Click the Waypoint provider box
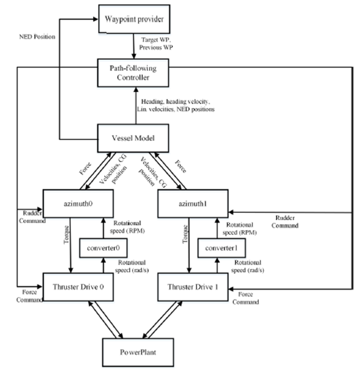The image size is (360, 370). tap(134, 19)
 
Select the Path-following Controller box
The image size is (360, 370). tap(133, 72)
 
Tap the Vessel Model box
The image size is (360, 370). tap(133, 138)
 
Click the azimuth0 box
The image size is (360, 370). tap(78, 203)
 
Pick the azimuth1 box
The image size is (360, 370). tap(193, 203)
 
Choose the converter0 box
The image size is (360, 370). tap(104, 248)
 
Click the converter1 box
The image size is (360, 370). tap(221, 248)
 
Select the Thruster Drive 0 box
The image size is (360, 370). tap(78, 287)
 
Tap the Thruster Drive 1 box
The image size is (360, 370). tap(193, 287)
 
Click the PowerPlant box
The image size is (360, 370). tap(138, 353)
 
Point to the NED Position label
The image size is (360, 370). tap(37, 37)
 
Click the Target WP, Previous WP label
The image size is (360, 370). tap(156, 44)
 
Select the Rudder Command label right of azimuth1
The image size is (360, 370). tap(285, 222)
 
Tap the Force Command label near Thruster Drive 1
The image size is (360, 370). tap(246, 298)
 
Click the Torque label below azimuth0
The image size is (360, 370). tap(67, 235)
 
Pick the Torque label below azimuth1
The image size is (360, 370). tap(185, 234)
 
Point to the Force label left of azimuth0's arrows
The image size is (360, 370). tap(85, 168)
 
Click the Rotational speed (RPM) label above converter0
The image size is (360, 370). tap(127, 226)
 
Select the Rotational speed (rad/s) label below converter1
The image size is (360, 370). tap(248, 266)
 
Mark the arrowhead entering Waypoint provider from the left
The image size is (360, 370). tap(95, 19)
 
